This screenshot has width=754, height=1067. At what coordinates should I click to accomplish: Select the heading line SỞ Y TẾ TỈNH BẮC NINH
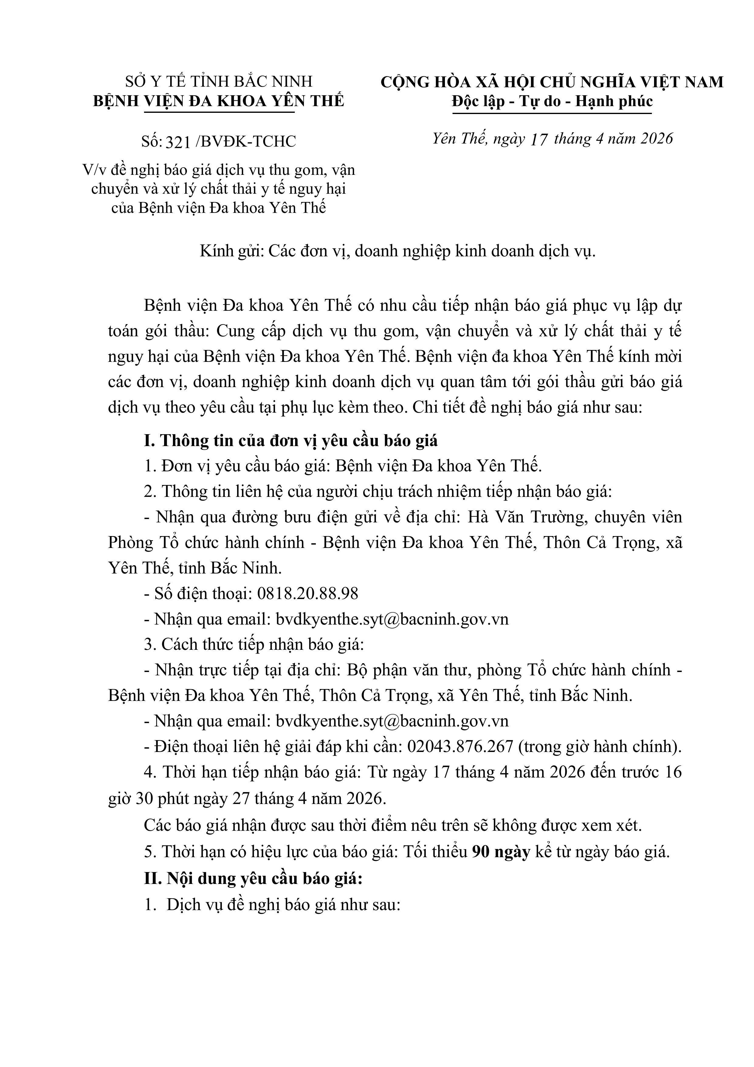219,82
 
